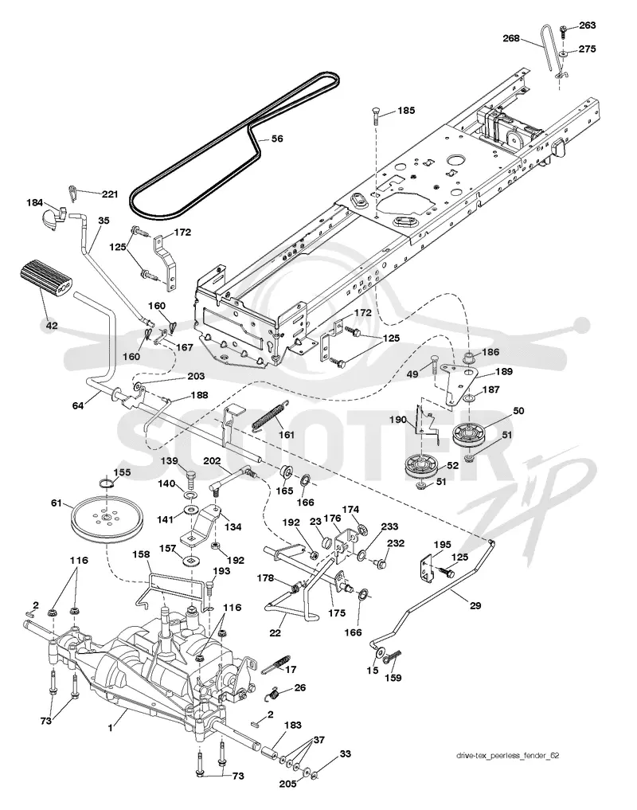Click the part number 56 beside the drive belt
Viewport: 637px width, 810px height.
click(277, 139)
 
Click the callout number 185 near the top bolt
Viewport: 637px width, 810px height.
click(406, 110)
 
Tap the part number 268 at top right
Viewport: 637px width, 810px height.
click(511, 38)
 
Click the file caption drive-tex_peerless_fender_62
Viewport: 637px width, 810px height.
click(507, 755)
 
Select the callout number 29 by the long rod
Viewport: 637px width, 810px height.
click(475, 605)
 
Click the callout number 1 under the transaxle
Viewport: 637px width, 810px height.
click(110, 729)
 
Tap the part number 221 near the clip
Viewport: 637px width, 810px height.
click(110, 194)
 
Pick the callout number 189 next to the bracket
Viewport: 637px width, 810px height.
click(504, 371)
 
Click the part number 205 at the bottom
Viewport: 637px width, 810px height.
click(287, 784)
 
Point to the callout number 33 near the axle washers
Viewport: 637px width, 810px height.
click(345, 753)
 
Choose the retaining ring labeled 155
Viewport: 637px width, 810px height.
click(107, 483)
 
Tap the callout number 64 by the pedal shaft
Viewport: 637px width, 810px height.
click(77, 405)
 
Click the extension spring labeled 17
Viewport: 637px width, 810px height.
click(276, 663)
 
